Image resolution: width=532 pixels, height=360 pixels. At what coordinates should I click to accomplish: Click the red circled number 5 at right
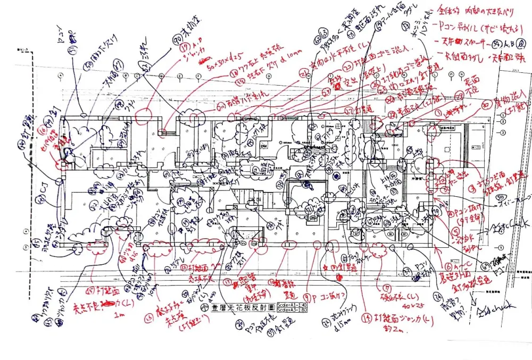point(456,231)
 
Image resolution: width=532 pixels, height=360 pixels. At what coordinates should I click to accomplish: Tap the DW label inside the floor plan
point(263,145)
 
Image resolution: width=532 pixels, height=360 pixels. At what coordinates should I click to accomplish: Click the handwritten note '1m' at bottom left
point(119,314)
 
